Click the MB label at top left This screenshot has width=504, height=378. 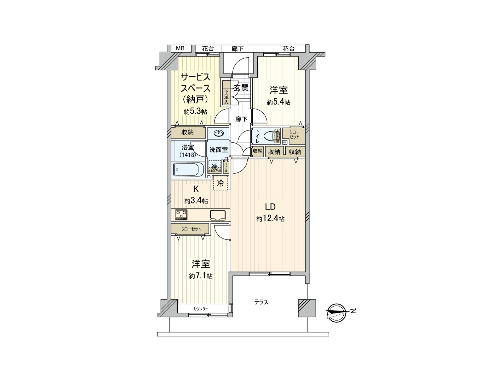(180, 49)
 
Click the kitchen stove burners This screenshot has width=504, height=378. (181, 215)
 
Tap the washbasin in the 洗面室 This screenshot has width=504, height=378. (219, 134)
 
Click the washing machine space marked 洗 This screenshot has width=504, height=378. (214, 167)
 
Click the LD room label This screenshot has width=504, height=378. (270, 207)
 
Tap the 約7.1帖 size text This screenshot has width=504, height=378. (201, 276)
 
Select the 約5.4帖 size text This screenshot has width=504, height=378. (278, 102)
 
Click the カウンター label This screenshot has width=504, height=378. (201, 309)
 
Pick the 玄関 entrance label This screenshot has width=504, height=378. (241, 88)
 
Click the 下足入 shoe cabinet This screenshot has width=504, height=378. (226, 94)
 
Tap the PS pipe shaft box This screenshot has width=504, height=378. (285, 142)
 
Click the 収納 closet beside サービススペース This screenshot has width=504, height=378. (188, 132)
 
